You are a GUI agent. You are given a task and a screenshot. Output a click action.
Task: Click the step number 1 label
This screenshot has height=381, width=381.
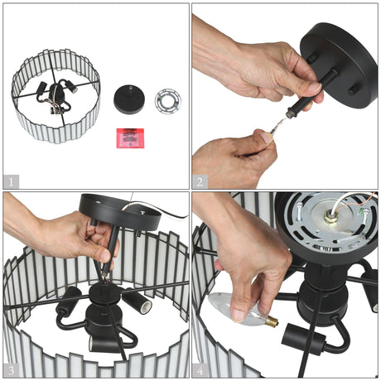(x=11, y=182)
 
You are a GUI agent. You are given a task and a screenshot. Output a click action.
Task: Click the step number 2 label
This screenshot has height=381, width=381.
(x=200, y=182)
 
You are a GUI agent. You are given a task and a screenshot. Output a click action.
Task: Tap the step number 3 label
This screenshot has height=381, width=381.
(x=11, y=370)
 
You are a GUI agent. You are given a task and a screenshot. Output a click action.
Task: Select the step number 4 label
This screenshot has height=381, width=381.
(x=200, y=370)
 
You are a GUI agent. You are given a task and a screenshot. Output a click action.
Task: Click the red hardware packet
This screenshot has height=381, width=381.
(x=130, y=138)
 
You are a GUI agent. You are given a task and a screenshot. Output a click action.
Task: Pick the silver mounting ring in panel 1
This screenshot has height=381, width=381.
(x=168, y=101)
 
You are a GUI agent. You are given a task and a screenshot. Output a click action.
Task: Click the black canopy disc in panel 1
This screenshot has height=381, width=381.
(x=129, y=99)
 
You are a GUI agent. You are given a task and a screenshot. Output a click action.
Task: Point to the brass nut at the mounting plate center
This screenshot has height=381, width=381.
(x=330, y=215)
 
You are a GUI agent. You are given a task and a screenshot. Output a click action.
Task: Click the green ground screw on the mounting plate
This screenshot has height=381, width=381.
(x=362, y=212)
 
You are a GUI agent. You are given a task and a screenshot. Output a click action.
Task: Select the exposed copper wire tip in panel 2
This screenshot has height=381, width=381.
(x=278, y=124)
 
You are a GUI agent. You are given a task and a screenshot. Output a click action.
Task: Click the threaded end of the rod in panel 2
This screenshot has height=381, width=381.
(x=290, y=114)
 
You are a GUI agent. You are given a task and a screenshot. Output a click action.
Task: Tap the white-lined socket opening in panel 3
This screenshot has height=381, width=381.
(x=147, y=307)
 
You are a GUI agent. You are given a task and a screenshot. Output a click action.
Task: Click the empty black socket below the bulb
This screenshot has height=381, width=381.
(x=304, y=340)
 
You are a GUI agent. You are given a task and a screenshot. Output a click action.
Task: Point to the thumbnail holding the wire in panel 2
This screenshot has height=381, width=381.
(x=266, y=137)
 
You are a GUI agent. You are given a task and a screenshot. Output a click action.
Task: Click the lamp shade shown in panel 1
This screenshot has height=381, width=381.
(x=55, y=96)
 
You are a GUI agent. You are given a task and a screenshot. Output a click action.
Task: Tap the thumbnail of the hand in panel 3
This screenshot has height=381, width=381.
(x=105, y=256)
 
